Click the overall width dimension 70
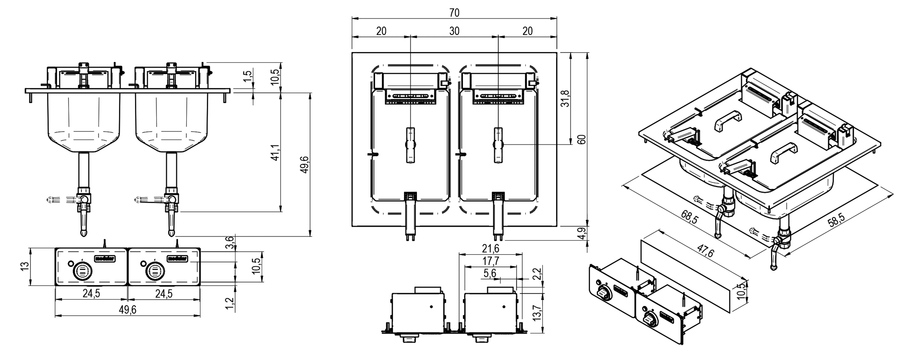454,13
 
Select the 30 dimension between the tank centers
454,31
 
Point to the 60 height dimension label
582,139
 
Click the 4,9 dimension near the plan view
582,233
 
